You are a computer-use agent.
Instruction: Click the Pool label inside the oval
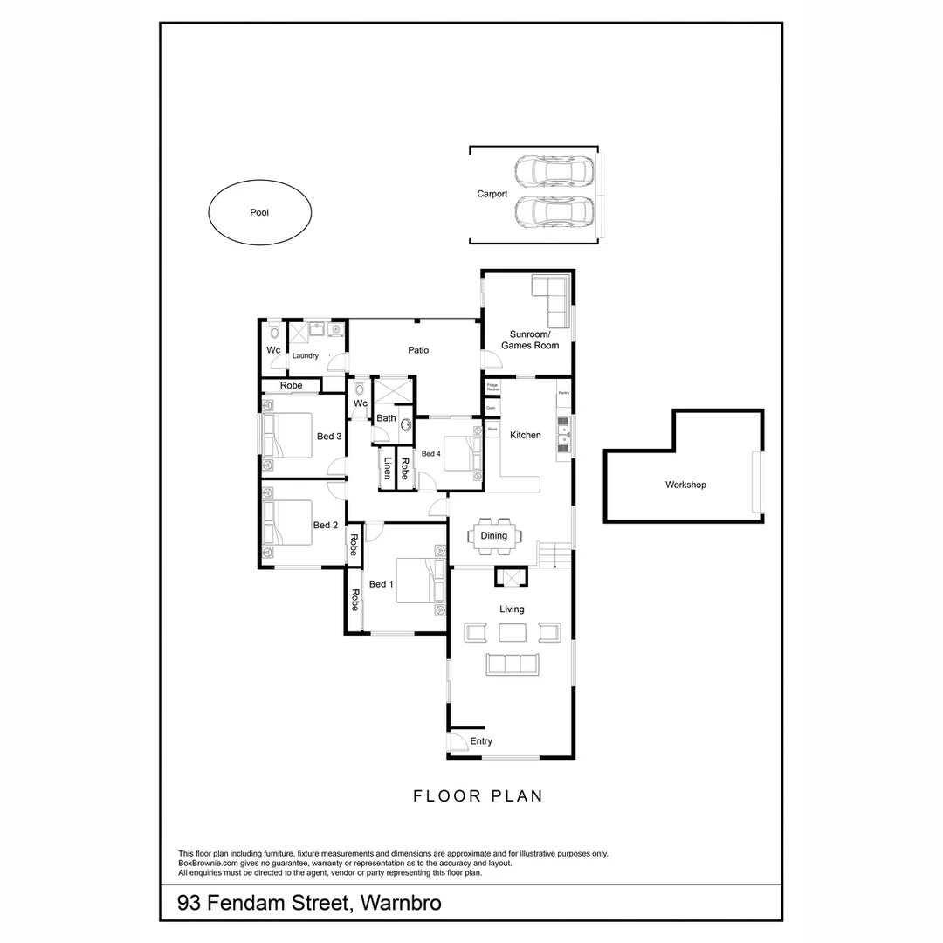pyautogui.click(x=259, y=212)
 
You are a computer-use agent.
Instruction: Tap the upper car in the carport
pyautogui.click(x=554, y=170)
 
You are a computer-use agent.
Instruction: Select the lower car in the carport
pyautogui.click(x=554, y=211)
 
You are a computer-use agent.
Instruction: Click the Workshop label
pyautogui.click(x=685, y=485)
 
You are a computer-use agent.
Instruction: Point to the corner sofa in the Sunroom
pyautogui.click(x=551, y=295)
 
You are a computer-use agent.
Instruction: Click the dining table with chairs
pyautogui.click(x=494, y=536)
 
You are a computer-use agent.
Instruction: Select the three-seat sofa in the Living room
pyautogui.click(x=513, y=664)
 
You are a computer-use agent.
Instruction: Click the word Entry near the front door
pyautogui.click(x=481, y=741)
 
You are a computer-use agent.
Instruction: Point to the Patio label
pyautogui.click(x=418, y=350)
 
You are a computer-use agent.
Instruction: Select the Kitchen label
pyautogui.click(x=526, y=435)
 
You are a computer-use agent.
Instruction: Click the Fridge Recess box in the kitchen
pyautogui.click(x=492, y=386)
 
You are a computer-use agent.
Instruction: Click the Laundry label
pyautogui.click(x=305, y=356)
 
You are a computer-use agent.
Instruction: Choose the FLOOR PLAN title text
pyautogui.click(x=478, y=795)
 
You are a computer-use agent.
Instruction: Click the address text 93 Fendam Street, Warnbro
pyautogui.click(x=309, y=902)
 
